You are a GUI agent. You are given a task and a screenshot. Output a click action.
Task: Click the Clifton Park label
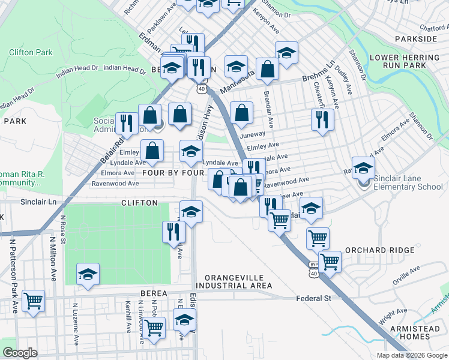pyautogui.click(x=31, y=52)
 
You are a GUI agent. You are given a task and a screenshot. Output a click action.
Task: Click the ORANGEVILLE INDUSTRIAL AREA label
pyautogui.click(x=238, y=281)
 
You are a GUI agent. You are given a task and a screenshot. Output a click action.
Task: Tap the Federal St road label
pyautogui.click(x=313, y=298)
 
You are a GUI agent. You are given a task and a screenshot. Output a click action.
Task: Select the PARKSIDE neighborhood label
pyautogui.click(x=416, y=38)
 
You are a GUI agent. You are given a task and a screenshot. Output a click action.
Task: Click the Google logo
pyautogui.click(x=20, y=353)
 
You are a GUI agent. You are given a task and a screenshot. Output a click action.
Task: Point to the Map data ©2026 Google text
pyautogui.click(x=411, y=355)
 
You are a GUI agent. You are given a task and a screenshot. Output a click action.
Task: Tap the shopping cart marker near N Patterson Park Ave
pyautogui.click(x=33, y=301)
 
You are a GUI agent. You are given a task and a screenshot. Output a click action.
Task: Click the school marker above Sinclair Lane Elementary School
pyautogui.click(x=363, y=169)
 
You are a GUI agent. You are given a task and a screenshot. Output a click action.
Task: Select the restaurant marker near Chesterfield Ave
pyautogui.click(x=322, y=120)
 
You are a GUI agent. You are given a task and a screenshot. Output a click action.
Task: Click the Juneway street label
pyautogui.click(x=252, y=134)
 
